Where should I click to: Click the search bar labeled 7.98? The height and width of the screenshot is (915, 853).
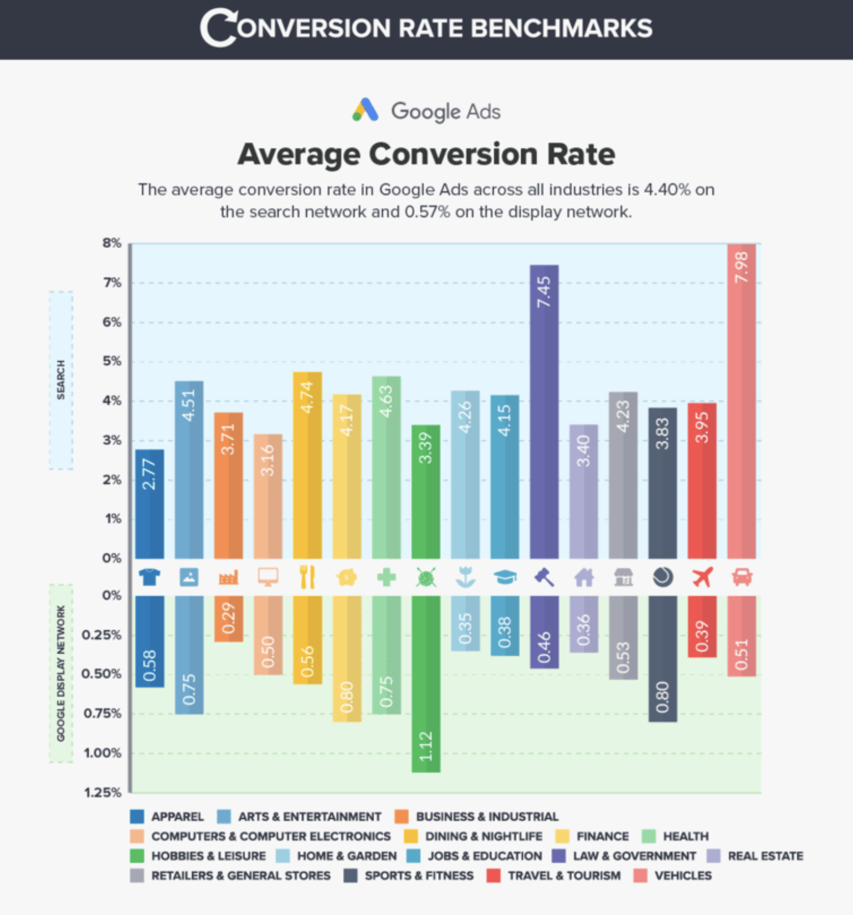(741, 401)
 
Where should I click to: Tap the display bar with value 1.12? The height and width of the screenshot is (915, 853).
(425, 684)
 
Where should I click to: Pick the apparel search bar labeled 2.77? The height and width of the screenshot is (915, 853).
(150, 504)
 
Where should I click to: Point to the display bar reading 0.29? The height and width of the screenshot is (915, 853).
(228, 619)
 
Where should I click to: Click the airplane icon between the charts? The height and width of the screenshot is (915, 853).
(702, 577)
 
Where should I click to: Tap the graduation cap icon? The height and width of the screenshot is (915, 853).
(505, 577)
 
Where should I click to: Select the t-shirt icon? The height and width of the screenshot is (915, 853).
(150, 577)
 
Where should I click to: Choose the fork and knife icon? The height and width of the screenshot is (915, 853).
(307, 577)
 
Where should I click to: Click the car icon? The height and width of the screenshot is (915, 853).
(742, 577)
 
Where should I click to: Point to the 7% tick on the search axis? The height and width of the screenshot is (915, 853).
(111, 283)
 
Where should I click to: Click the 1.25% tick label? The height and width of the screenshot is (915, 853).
(102, 793)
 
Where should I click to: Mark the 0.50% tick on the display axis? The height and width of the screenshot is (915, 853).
(101, 674)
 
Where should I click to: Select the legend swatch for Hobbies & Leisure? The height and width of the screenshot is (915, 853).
(137, 856)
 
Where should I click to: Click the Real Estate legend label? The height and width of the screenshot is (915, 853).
(765, 856)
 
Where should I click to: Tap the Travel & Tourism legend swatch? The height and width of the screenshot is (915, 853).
(493, 876)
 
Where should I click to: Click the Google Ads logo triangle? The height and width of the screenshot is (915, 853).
(365, 110)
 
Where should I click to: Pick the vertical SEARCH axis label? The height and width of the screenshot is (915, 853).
(61, 380)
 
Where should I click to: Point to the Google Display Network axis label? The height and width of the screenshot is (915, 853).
(61, 674)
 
